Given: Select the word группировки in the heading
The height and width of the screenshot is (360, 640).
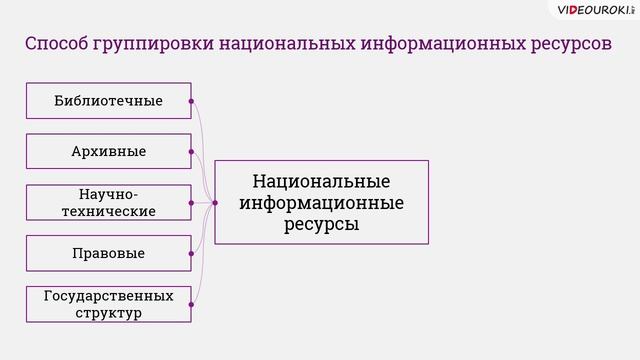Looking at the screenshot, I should pos(153,46).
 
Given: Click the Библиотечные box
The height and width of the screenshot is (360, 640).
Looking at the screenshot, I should pos(108,101).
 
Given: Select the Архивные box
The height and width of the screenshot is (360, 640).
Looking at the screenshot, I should pos(108,151).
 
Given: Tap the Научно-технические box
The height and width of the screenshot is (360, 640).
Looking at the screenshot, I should pos(108,202).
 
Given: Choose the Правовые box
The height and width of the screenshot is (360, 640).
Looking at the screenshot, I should pos(108,253).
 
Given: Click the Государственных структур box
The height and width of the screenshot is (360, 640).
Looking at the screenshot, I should pos(108,304).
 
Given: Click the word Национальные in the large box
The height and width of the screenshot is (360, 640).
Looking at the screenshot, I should pos(321,182).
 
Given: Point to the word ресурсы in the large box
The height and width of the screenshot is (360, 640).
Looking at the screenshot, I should pos(321,224).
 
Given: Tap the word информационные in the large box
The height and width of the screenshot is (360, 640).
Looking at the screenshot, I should pos(321,203).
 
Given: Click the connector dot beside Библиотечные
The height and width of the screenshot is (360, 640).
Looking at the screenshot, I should pos(191,101).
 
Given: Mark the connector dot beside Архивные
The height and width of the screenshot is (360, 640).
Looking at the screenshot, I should pos(191,151).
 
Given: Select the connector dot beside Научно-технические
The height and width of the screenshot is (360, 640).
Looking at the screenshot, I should pos(191,202).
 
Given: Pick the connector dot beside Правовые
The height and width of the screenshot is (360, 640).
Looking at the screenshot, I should pos(191,253).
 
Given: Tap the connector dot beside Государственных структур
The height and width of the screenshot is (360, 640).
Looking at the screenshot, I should pos(191,304).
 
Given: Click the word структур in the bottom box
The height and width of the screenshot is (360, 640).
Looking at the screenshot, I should pos(108,313).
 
